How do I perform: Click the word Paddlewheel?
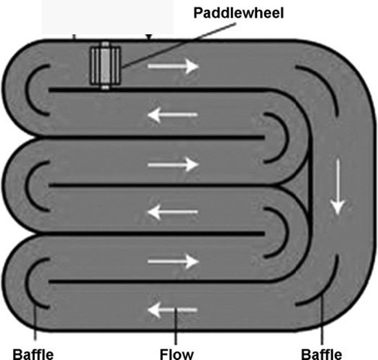238,12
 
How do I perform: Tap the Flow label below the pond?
176,353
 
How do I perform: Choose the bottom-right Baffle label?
321,353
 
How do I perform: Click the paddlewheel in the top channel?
105,66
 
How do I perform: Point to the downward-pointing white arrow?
336,188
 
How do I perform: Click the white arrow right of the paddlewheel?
172,66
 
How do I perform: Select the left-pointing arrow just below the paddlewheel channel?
172,115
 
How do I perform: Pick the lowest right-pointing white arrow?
172,260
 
